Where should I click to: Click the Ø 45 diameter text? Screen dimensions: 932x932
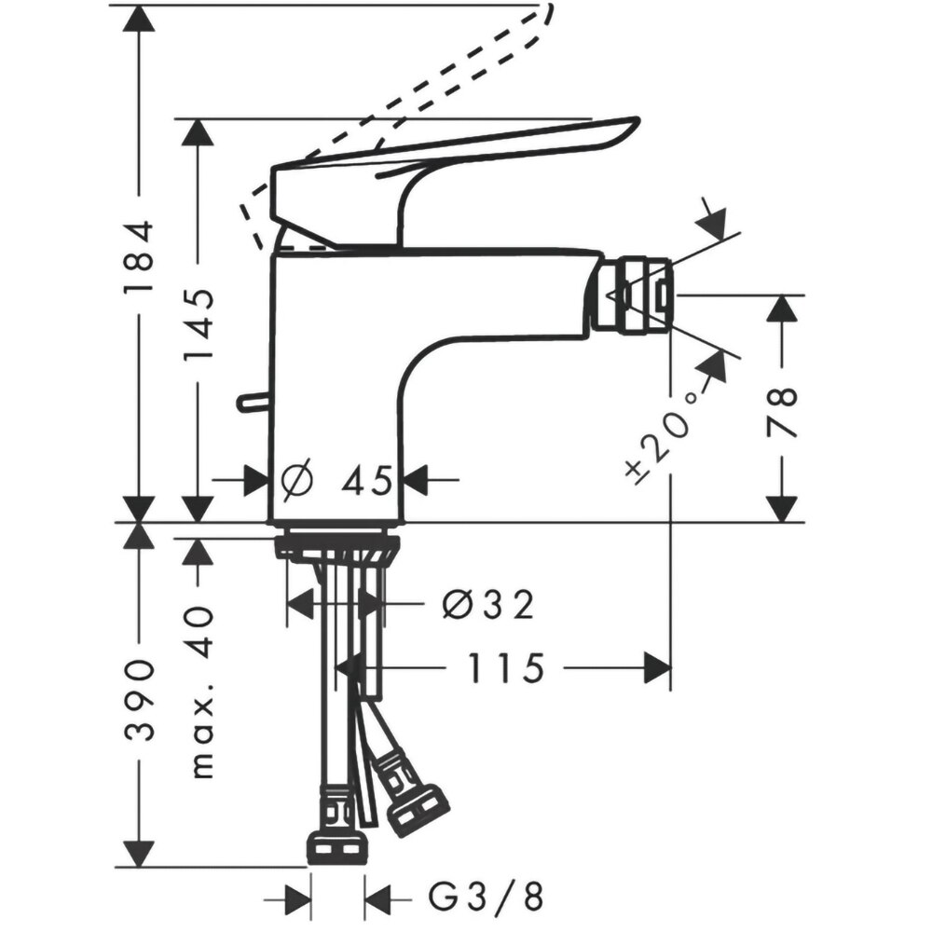[x=340, y=481]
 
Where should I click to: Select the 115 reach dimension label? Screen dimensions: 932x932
[x=504, y=668]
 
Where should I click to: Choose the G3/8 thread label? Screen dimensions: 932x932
[x=485, y=898]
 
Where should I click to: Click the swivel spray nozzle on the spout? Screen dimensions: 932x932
[x=631, y=296]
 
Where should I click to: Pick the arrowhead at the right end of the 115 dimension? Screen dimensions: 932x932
[x=657, y=668]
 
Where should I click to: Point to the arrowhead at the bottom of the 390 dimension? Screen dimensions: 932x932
[x=138, y=852]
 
